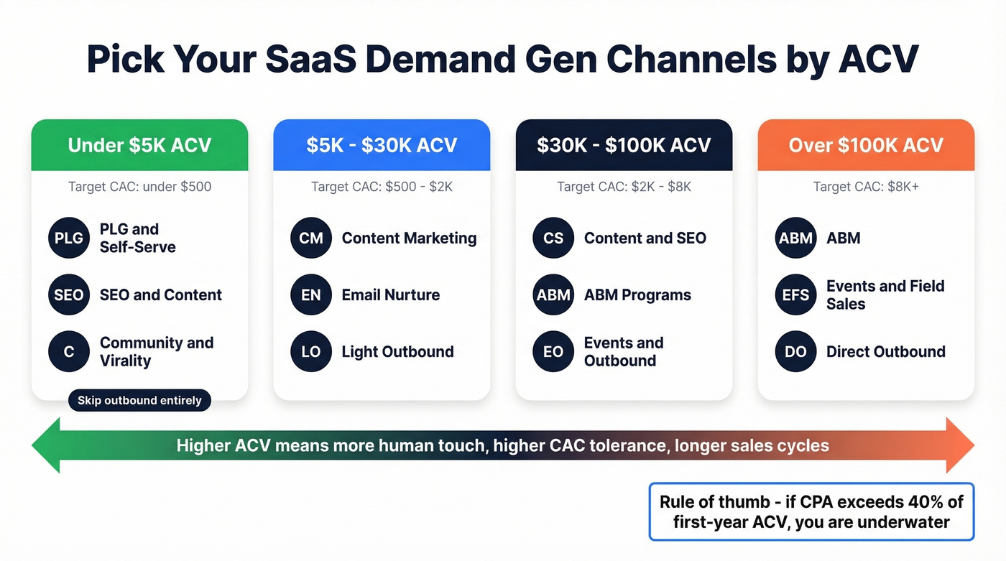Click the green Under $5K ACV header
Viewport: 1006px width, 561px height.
[139, 145]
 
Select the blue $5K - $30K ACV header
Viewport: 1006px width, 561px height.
[382, 145]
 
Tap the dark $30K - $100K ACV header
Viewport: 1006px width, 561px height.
[624, 145]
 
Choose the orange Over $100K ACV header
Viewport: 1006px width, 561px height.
[866, 145]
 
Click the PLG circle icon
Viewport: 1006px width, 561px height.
[69, 238]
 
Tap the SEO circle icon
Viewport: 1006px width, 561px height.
[69, 295]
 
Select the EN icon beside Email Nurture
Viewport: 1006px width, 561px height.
[311, 295]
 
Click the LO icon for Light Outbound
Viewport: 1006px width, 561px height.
[311, 351]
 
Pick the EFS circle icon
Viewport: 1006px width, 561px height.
[795, 295]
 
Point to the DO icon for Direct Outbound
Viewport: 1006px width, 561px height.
[795, 351]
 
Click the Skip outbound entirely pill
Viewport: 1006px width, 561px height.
[139, 400]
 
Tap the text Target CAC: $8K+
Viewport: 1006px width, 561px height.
[866, 187]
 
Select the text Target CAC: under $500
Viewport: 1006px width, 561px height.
[139, 187]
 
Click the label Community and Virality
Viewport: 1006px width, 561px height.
[156, 351]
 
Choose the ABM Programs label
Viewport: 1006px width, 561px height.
[637, 295]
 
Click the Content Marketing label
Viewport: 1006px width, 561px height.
[409, 238]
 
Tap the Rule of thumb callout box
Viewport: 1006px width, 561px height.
[811, 511]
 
